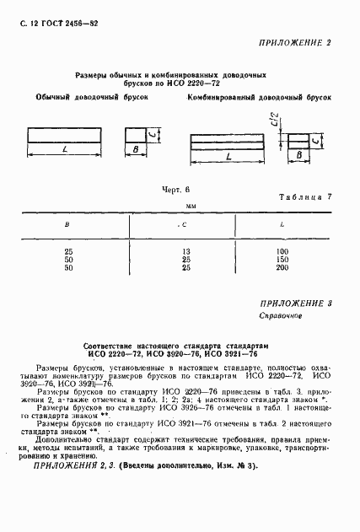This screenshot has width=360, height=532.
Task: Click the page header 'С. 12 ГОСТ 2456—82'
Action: click(x=53, y=23)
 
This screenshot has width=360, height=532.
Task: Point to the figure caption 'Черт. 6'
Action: click(x=176, y=191)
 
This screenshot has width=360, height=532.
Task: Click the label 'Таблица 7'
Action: click(x=305, y=197)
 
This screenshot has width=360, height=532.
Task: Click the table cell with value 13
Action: click(x=185, y=251)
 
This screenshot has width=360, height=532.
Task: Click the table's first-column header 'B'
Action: click(x=68, y=225)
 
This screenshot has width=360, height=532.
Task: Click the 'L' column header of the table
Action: click(x=281, y=225)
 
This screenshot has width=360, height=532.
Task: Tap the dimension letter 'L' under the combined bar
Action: click(x=229, y=157)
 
